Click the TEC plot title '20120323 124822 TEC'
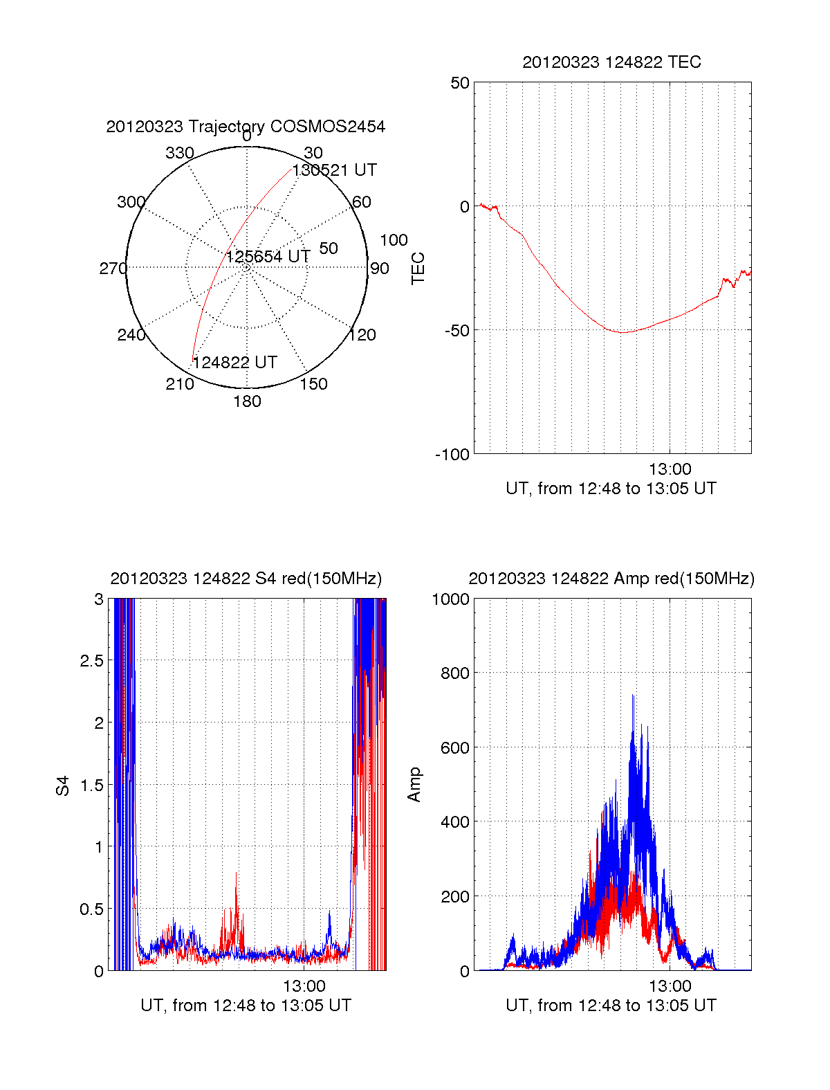pos(611,62)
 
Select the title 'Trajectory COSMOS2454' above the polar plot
pos(246,126)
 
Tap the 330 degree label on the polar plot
pos(179,153)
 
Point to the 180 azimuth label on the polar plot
pos(247,401)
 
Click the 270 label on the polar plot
pos(113,269)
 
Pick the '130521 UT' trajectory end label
pos(334,170)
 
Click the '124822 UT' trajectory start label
pos(234,363)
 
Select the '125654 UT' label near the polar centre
pos(268,257)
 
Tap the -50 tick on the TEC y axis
pos(456,330)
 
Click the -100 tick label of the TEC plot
pos(452,455)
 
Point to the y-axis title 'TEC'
pos(418,269)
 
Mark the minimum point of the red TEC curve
pos(622,332)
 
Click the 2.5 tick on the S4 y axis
pos(91,661)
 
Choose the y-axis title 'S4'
pos(63,785)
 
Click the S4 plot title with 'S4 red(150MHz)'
pos(246,579)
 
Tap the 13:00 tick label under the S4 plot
pos(304,985)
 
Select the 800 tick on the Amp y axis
pos(454,673)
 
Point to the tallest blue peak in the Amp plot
pos(633,696)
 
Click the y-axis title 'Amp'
pos(414,785)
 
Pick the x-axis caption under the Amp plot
pos(611,1006)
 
